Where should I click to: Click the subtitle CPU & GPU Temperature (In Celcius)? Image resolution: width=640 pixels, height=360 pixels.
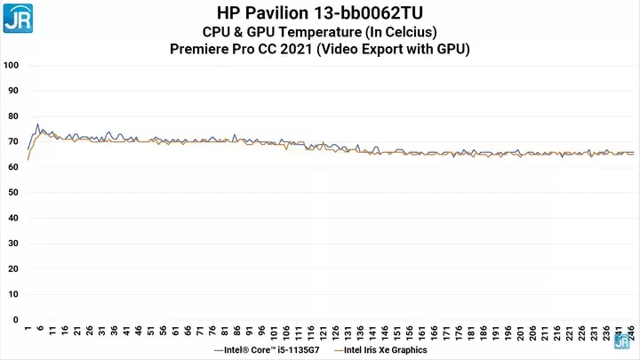point(319,32)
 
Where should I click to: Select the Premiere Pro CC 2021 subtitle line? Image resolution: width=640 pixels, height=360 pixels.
point(319,49)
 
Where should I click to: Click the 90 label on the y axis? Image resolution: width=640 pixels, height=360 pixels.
point(12,91)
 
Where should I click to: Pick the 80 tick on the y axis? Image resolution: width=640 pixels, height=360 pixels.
point(12,116)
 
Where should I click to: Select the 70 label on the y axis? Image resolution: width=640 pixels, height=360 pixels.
point(12,142)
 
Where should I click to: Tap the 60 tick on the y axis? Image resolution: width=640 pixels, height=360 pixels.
point(12,167)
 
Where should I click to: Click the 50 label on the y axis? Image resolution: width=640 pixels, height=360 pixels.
point(12,193)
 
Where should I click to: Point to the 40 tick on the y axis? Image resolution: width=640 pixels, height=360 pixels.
point(12,219)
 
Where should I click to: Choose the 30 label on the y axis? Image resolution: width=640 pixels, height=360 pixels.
point(12,244)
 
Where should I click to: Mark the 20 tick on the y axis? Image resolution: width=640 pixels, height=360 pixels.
point(12,269)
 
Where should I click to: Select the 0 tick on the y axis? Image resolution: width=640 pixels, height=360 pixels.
point(15,320)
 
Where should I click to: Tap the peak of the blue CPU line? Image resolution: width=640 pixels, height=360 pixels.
point(37,124)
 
